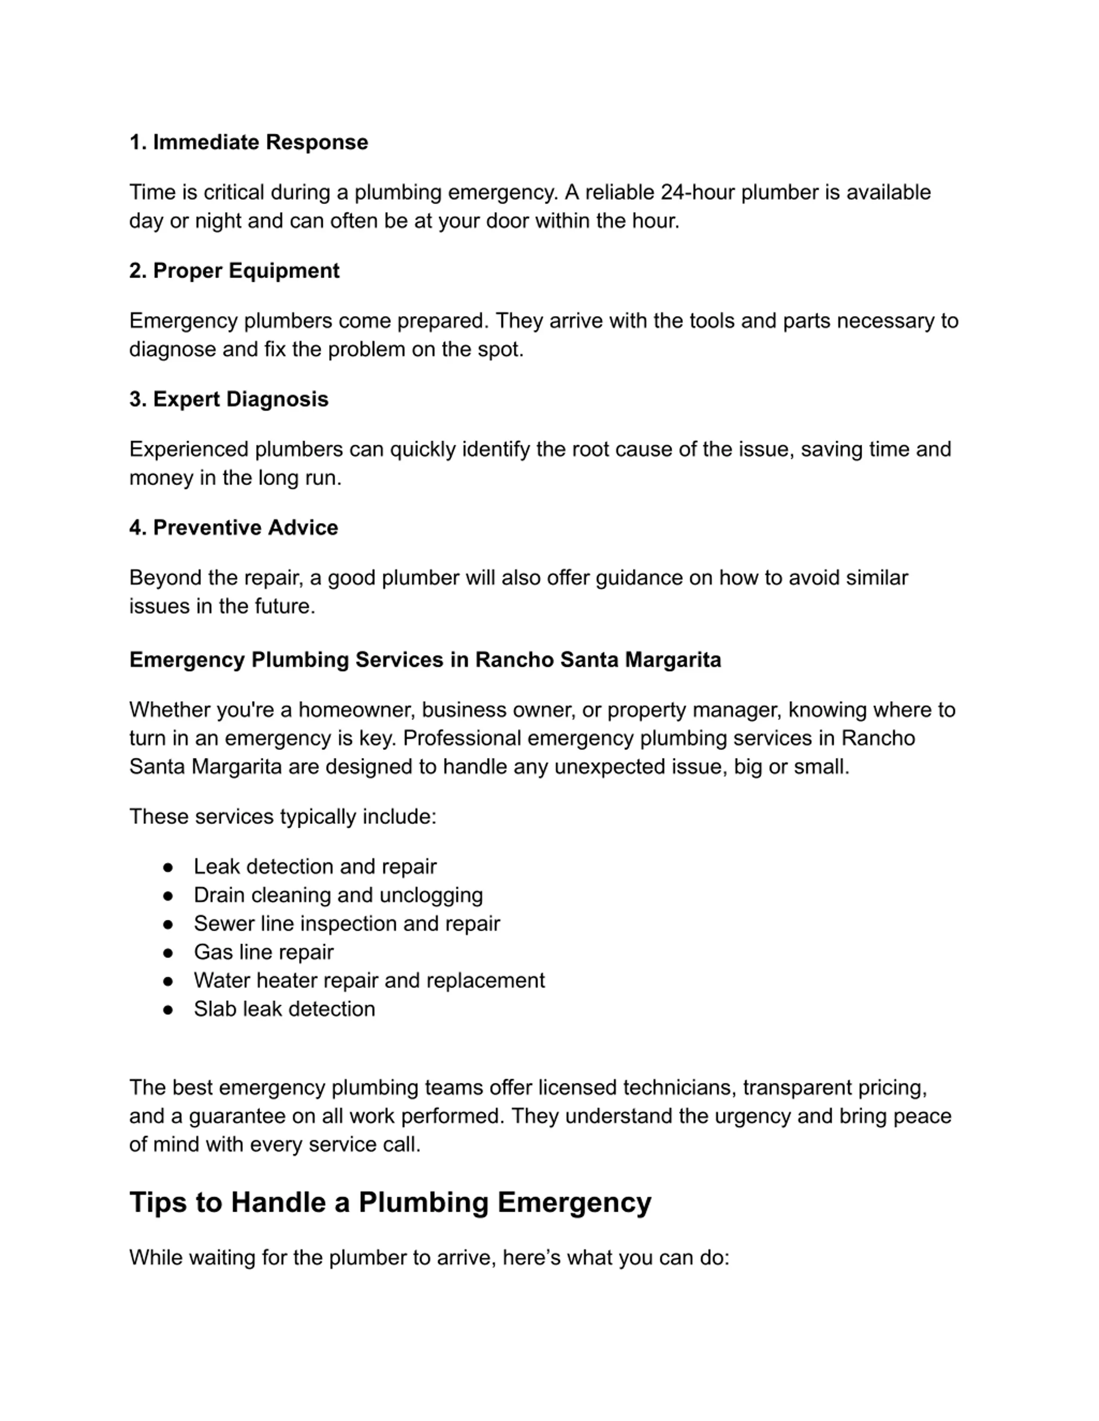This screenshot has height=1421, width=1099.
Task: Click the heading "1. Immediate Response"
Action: point(248,142)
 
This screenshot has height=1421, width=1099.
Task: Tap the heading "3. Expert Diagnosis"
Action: point(228,399)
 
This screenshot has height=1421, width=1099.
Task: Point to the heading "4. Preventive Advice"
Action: point(233,528)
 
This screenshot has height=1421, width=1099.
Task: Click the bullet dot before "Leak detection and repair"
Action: point(168,867)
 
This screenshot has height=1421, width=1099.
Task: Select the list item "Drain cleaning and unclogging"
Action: point(338,895)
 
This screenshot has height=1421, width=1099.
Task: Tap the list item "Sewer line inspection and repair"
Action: point(346,924)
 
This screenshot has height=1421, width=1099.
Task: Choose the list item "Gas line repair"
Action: point(263,953)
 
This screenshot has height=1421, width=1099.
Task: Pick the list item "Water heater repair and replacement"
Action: point(368,981)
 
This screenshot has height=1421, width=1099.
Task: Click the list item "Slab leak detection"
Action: point(284,1009)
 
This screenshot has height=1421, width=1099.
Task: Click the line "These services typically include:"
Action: point(282,817)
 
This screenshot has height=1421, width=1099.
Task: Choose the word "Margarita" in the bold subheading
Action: point(673,660)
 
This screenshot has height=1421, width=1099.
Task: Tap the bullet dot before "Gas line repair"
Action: point(168,953)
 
